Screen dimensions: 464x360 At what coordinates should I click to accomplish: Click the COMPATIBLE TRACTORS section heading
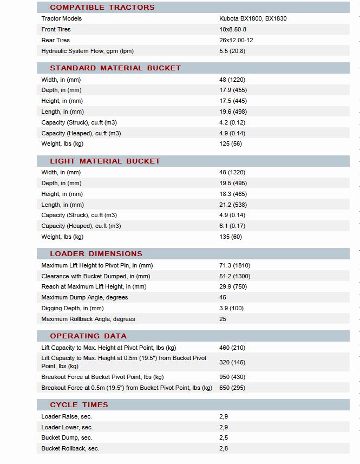pyautogui.click(x=102, y=8)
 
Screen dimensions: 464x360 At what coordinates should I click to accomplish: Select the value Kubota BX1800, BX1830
pyautogui.click(x=253, y=18)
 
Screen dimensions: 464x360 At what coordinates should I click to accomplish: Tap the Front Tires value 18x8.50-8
pyautogui.click(x=233, y=29)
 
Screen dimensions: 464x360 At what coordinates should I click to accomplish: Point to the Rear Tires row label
pyautogui.click(x=56, y=40)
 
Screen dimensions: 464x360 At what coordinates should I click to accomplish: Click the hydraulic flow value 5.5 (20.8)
pyautogui.click(x=232, y=51)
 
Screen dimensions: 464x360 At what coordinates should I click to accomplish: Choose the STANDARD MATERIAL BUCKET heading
pyautogui.click(x=115, y=68)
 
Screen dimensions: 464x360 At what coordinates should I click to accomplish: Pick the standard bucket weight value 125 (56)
pyautogui.click(x=231, y=144)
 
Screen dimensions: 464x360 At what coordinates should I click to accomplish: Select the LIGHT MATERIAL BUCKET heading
pyautogui.click(x=105, y=161)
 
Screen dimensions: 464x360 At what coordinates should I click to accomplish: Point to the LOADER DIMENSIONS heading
pyautogui.click(x=96, y=254)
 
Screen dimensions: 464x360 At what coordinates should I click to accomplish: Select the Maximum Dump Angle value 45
pyautogui.click(x=223, y=298)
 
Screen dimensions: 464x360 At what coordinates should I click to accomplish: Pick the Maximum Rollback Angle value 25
pyautogui.click(x=223, y=319)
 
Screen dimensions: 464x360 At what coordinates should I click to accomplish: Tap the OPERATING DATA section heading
pyautogui.click(x=88, y=336)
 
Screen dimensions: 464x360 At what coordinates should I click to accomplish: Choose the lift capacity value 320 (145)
pyautogui.click(x=232, y=362)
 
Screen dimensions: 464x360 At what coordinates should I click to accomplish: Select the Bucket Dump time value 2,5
pyautogui.click(x=224, y=437)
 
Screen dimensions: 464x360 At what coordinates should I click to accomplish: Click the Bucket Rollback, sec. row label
pyautogui.click(x=70, y=448)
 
